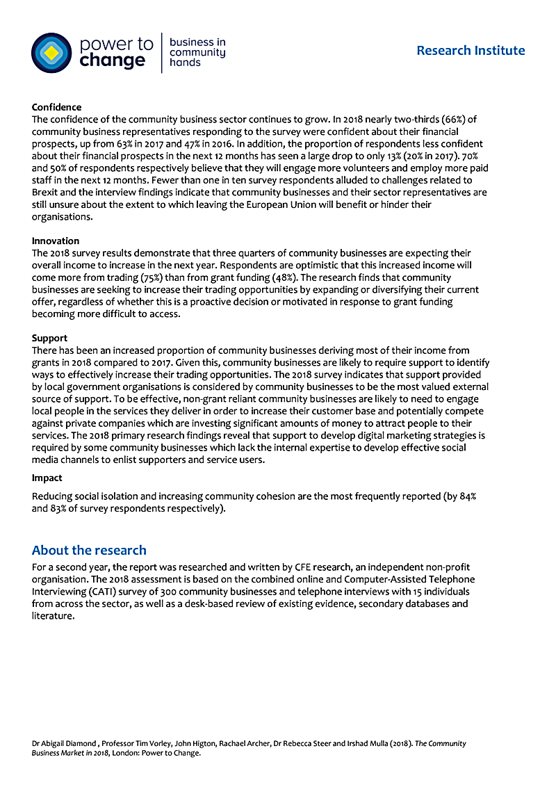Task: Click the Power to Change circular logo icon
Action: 51,53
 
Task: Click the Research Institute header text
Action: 471,50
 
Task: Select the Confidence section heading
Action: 56,108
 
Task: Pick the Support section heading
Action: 49,339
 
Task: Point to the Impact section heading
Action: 47,478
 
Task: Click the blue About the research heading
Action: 89,551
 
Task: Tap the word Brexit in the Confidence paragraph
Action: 47,193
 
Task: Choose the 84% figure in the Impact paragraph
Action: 468,496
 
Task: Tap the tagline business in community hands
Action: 197,52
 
